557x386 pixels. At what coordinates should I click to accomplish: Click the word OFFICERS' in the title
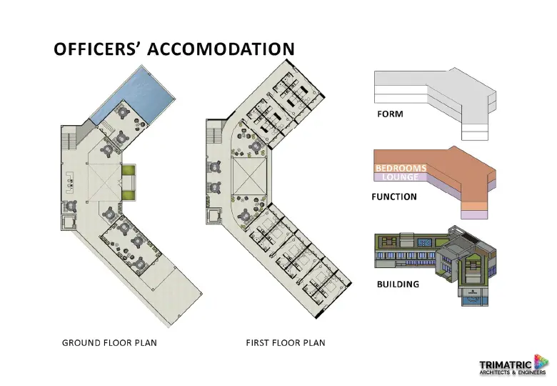pos(95,49)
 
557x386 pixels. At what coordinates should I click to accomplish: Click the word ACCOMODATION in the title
pos(221,49)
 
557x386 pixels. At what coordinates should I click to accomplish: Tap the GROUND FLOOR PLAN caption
pos(109,342)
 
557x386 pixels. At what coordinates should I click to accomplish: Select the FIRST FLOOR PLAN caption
pos(286,342)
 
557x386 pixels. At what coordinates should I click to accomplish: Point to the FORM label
pos(390,114)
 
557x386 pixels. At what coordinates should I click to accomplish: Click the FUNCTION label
pos(394,197)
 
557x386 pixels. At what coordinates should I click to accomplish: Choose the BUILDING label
pos(398,284)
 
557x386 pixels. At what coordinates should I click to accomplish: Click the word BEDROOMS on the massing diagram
pos(401,168)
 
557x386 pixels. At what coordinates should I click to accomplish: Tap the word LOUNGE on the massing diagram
pos(401,177)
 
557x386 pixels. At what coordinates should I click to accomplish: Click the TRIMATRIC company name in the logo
pos(506,365)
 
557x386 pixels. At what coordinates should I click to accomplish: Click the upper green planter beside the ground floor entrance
pos(129,169)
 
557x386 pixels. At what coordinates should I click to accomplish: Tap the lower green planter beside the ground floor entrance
pos(129,194)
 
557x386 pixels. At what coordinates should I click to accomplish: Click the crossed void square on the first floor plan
pos(249,176)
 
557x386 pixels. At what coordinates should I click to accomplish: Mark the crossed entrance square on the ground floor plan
pos(104,183)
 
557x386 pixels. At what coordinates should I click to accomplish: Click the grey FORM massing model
pos(435,104)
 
